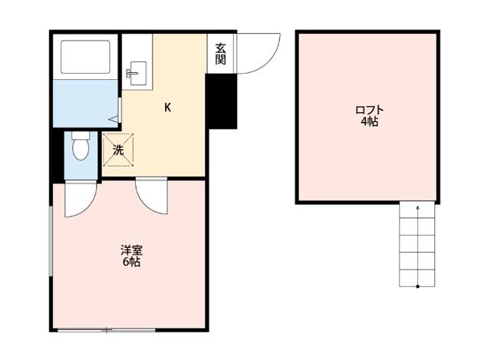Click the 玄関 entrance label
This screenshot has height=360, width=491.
click(220, 54)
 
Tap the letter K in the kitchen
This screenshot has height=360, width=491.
click(166, 107)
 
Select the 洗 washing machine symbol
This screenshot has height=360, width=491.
click(118, 150)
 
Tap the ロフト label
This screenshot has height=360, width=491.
click(369, 110)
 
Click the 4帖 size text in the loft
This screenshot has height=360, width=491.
click(369, 123)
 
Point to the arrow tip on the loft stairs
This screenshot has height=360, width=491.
click(417, 206)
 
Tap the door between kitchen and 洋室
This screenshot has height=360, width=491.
click(150, 195)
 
